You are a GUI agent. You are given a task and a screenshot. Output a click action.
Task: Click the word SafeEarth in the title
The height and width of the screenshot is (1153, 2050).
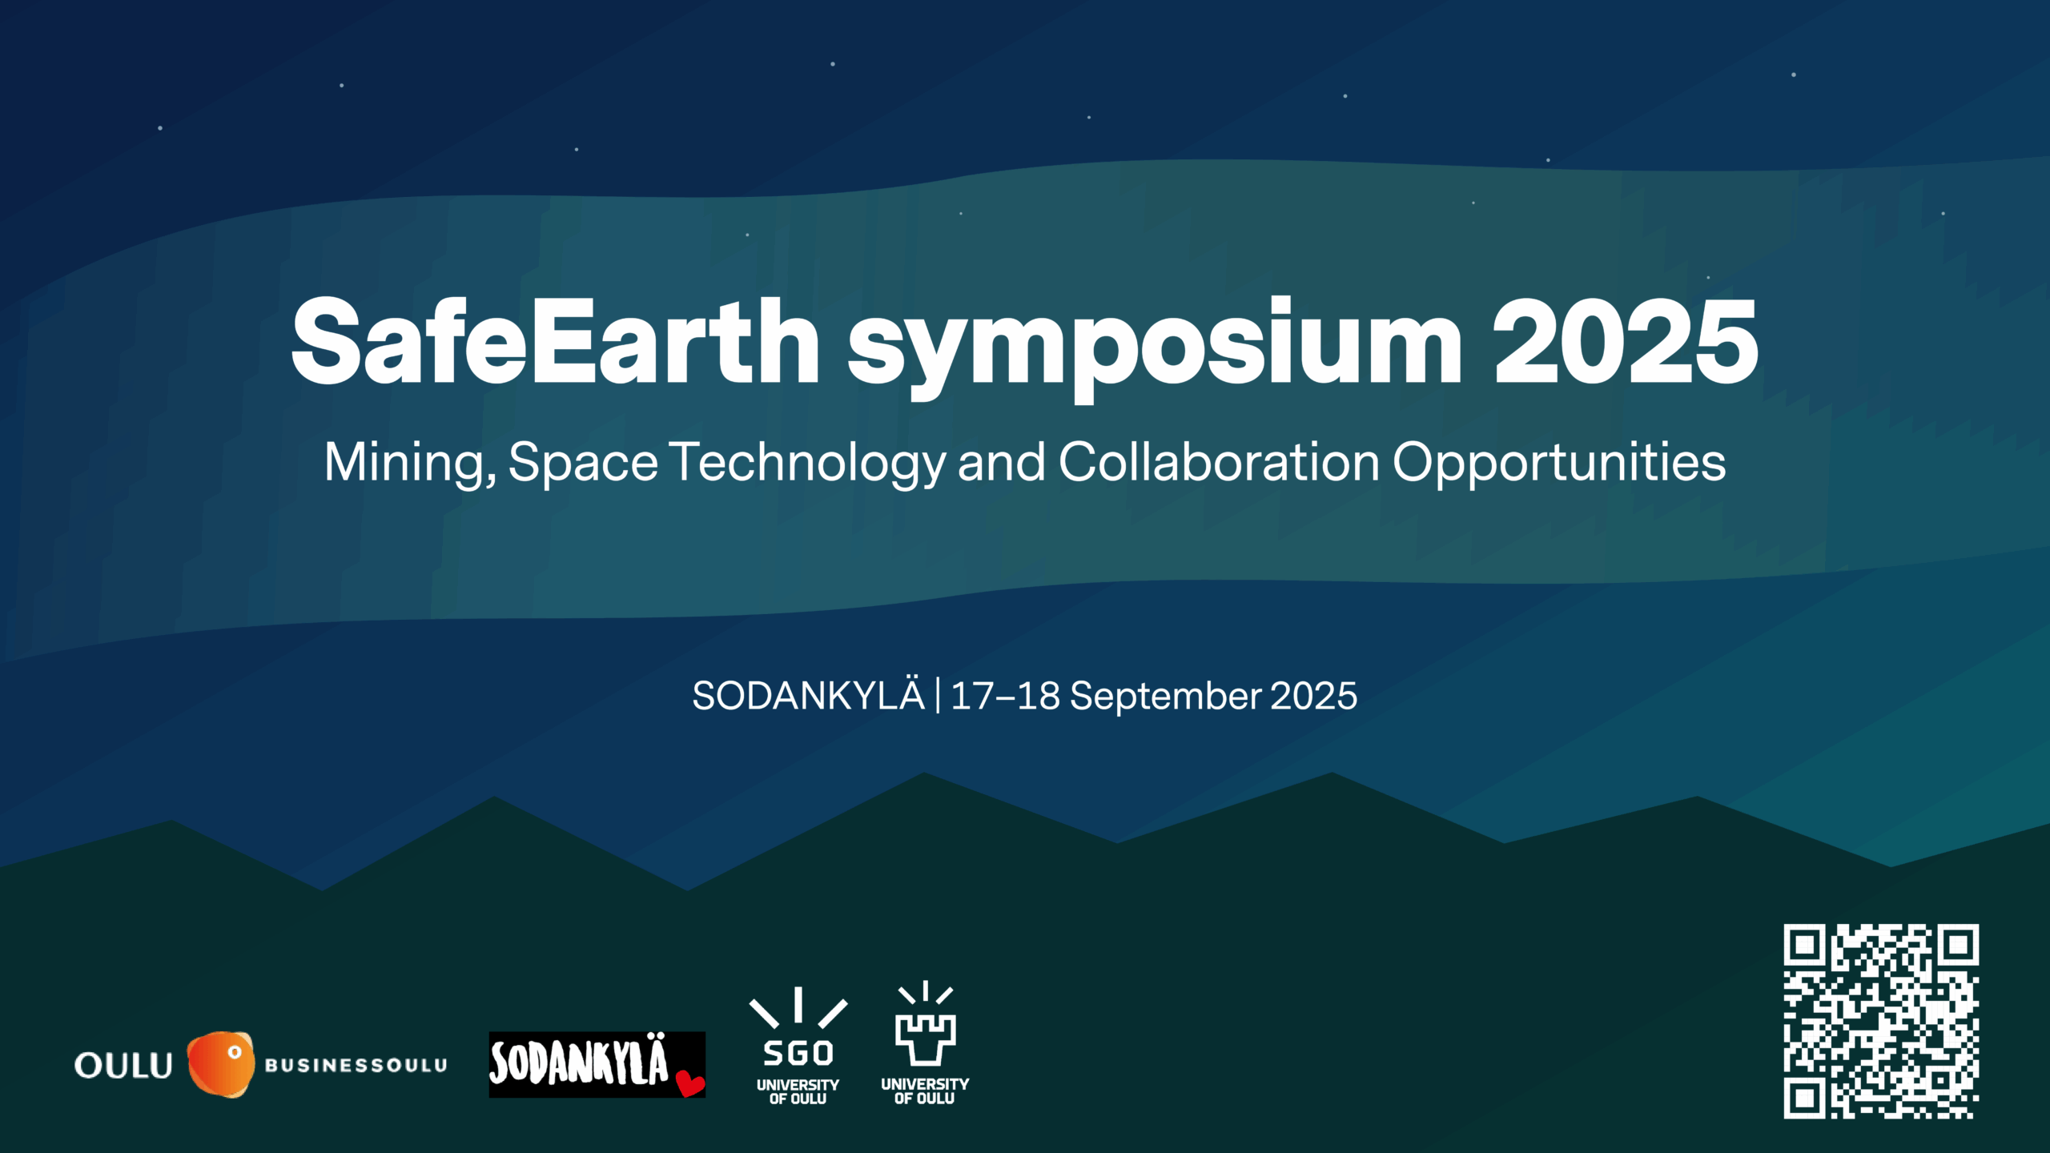(555, 342)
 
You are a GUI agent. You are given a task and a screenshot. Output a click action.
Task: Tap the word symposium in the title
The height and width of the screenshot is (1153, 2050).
(1156, 349)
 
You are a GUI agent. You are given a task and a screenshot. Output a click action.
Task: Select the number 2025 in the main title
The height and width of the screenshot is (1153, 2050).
(1625, 342)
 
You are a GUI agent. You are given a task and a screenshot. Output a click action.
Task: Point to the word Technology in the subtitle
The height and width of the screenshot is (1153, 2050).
(808, 464)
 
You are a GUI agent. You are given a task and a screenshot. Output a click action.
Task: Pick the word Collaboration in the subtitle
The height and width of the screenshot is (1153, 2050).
(1220, 462)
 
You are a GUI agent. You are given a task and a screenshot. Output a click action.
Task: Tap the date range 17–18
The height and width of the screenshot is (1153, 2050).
(1006, 696)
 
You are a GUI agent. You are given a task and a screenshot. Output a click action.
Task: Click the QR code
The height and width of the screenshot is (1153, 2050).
(1881, 1021)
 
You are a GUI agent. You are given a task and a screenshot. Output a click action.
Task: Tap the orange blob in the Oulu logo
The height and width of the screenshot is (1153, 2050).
(221, 1064)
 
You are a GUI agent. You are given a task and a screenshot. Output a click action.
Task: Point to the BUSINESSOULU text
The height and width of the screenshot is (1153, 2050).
(356, 1066)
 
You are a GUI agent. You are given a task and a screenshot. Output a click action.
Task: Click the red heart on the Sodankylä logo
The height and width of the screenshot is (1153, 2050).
(690, 1083)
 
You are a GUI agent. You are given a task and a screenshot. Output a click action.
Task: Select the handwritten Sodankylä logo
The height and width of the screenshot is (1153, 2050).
(597, 1064)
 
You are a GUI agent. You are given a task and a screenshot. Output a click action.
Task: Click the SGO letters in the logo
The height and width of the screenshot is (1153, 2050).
(798, 1054)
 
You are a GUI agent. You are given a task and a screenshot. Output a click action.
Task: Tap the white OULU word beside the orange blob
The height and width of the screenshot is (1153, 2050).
(123, 1066)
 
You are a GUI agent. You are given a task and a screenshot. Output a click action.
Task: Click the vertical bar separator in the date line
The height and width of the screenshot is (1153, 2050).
(938, 695)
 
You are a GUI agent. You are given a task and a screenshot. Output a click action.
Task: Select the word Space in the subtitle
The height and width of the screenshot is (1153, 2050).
(583, 464)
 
